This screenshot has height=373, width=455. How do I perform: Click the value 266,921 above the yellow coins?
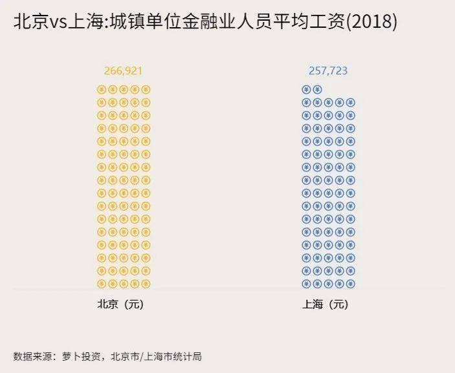pos(123,70)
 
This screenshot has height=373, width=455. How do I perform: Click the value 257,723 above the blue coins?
pos(328,70)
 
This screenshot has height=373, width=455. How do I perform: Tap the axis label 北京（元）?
pos(120,304)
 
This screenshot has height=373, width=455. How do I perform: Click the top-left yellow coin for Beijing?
pos(101,89)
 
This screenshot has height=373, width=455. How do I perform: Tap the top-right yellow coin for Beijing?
pos(146,89)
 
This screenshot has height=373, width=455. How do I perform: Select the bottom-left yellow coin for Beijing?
pos(101,283)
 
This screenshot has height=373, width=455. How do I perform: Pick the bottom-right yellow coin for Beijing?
pos(146,283)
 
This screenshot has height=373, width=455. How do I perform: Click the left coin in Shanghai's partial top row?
pos(306,89)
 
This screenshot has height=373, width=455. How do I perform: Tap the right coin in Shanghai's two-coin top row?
pos(317,89)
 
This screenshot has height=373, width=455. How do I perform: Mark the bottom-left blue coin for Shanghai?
pos(306,283)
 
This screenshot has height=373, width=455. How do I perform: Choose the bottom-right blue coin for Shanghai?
pos(351,283)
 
